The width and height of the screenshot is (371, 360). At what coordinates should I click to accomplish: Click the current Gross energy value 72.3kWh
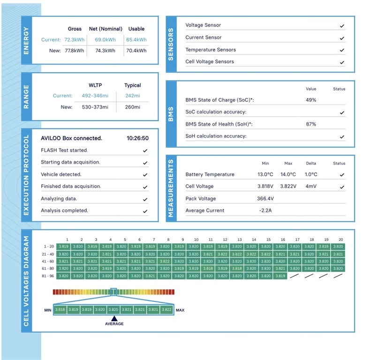click(74, 40)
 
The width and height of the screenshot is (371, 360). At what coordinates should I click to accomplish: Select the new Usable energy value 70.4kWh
click(136, 50)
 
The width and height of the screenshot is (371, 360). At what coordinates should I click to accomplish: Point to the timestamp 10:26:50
click(137, 138)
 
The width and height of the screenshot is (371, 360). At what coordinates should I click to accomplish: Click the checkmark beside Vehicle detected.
click(145, 174)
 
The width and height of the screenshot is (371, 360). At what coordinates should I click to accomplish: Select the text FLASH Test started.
click(64, 150)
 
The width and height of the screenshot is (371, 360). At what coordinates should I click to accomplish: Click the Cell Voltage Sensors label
click(209, 61)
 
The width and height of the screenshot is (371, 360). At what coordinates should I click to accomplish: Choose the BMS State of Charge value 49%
click(311, 100)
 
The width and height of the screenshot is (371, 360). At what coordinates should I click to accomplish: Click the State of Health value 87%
click(311, 124)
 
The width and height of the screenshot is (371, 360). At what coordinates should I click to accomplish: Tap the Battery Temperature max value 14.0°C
click(288, 174)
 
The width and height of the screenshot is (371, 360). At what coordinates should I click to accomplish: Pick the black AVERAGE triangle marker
click(114, 318)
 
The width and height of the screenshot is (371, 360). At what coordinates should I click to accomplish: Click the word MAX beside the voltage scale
click(180, 310)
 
